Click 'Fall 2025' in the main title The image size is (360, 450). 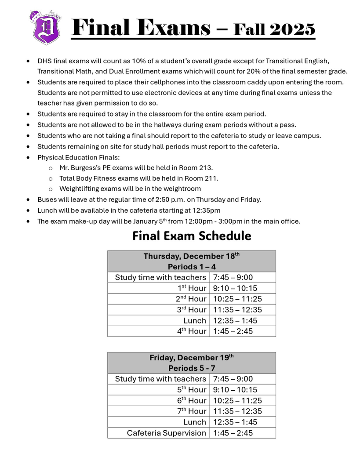274,29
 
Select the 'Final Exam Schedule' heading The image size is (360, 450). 192,236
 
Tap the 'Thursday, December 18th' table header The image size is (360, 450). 192,256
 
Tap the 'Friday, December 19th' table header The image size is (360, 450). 192,358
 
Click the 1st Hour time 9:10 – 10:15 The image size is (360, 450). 235,288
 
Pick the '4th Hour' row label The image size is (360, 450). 192,331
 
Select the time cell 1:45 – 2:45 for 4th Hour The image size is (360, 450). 233,331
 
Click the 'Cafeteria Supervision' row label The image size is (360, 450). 166,433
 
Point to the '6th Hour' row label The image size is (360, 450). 192,400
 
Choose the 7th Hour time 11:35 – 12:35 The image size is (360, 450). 237,411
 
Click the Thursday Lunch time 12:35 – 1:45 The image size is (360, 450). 235,320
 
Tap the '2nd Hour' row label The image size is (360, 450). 191,299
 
